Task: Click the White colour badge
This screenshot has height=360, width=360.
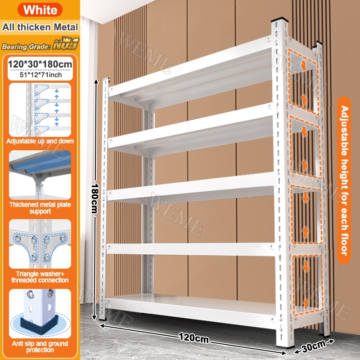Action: click(x=40, y=10)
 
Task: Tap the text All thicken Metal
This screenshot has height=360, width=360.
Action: click(x=40, y=27)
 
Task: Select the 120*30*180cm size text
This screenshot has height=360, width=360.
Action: click(x=40, y=64)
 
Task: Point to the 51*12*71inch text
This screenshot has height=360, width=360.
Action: click(x=40, y=75)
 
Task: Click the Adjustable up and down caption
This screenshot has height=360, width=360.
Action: click(x=40, y=141)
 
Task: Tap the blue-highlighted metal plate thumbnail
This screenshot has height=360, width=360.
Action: click(x=40, y=175)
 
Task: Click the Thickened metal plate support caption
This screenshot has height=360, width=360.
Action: click(x=40, y=208)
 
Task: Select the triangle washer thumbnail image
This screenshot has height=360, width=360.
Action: click(x=40, y=244)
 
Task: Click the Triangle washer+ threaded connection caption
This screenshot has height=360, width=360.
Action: click(x=40, y=277)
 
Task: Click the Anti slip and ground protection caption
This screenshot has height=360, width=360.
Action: click(x=40, y=346)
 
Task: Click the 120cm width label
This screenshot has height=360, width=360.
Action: click(x=193, y=338)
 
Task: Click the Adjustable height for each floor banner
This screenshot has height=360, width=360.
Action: click(x=344, y=180)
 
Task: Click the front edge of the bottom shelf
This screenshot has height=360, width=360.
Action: click(x=190, y=309)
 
